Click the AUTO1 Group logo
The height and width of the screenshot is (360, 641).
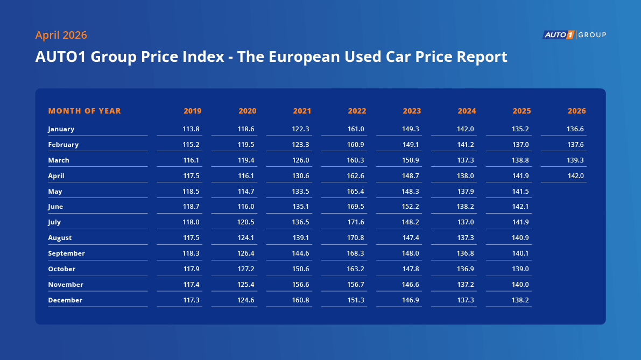click(574, 35)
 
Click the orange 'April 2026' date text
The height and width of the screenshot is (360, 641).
click(61, 35)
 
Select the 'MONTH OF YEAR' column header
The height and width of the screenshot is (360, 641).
click(84, 111)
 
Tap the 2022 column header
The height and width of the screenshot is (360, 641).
click(357, 111)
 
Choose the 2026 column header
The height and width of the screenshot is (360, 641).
click(576, 111)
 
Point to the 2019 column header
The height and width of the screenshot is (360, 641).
click(192, 111)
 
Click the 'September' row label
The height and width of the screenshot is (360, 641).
click(66, 253)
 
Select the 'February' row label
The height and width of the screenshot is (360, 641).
click(63, 145)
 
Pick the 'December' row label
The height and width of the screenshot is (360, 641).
click(65, 300)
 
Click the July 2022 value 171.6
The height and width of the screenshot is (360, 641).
click(356, 222)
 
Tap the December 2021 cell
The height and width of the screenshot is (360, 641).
click(300, 300)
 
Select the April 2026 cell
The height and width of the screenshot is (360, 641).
click(575, 176)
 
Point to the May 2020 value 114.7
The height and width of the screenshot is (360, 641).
click(246, 192)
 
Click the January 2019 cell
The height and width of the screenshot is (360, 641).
click(191, 129)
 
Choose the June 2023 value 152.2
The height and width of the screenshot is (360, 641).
click(411, 207)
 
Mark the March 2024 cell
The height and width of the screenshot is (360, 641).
click(466, 160)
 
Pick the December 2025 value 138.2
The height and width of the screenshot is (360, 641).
click(520, 300)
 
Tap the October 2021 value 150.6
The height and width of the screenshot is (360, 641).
click(300, 269)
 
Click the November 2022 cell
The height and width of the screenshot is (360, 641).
click(356, 285)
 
